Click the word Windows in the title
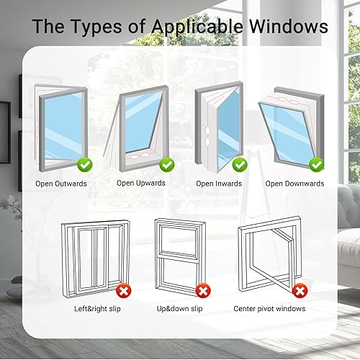289,26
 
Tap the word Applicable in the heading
197,27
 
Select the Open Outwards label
61,184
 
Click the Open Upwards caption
141,184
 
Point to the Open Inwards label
219,184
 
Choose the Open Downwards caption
294,184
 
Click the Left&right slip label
97,309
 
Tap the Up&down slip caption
179,309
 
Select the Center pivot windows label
269,309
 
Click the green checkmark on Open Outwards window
85,165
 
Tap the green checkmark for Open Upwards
167,165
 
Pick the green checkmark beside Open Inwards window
240,165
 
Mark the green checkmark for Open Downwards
317,165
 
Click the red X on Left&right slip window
124,291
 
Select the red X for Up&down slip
203,291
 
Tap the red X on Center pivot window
300,291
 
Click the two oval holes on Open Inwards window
207,137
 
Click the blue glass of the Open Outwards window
63,125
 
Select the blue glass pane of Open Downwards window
286,132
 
